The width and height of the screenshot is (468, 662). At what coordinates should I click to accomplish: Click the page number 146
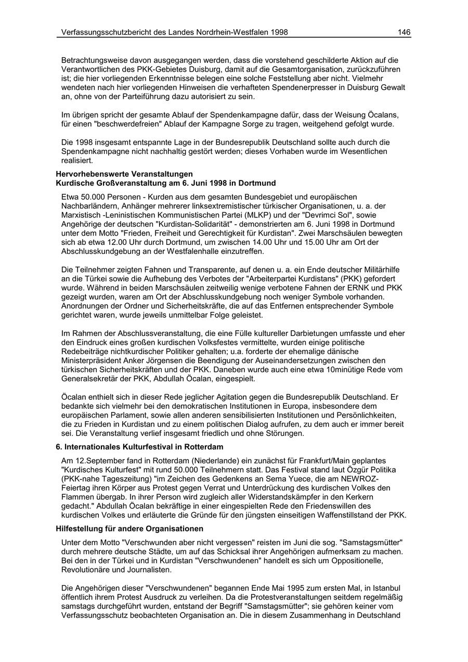pyautogui.click(x=404, y=32)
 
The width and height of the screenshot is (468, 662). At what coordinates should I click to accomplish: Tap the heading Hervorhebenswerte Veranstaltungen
pyautogui.click(x=124, y=174)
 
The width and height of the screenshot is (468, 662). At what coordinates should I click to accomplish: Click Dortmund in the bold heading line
pyautogui.click(x=259, y=183)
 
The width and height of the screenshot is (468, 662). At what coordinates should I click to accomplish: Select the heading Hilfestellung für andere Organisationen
pyautogui.click(x=129, y=529)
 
